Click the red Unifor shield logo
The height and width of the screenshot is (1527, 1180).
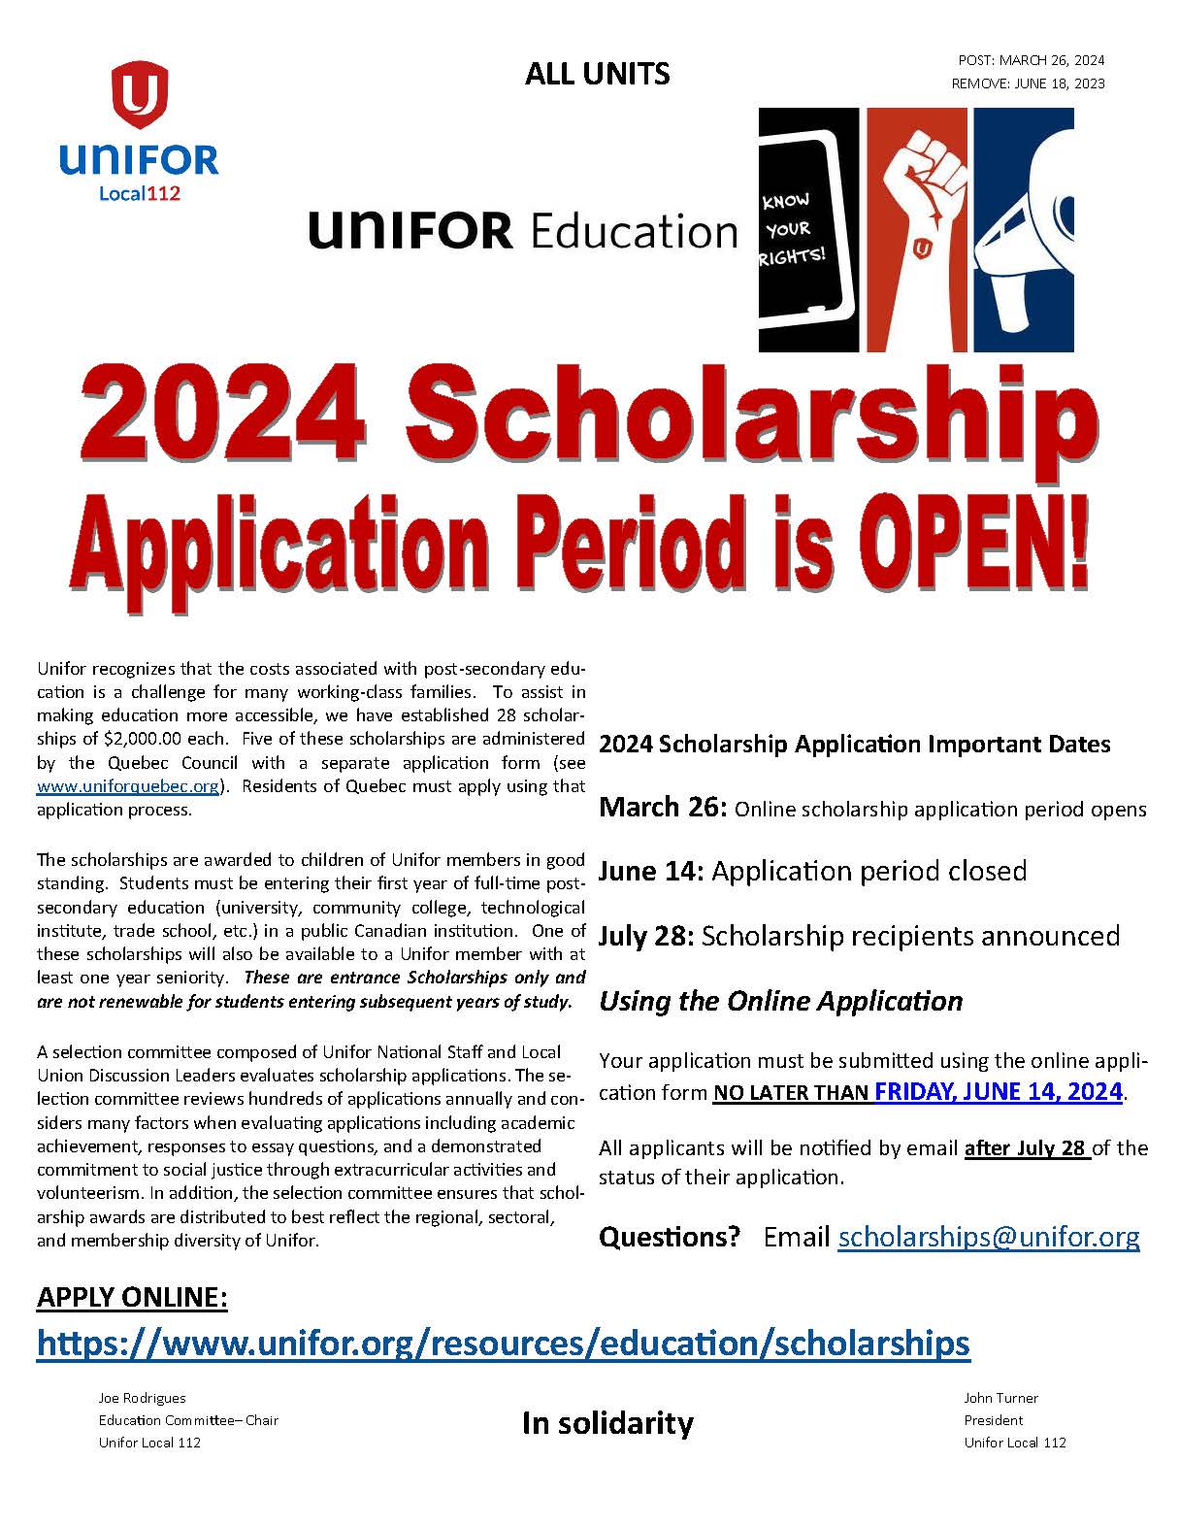pyautogui.click(x=140, y=94)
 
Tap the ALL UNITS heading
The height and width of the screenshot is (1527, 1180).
pyautogui.click(x=597, y=74)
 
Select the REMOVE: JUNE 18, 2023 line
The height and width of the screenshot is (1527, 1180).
pyautogui.click(x=1028, y=83)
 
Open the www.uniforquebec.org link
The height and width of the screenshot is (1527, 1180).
pyautogui.click(x=128, y=786)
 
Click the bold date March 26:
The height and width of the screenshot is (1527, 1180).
pyautogui.click(x=662, y=808)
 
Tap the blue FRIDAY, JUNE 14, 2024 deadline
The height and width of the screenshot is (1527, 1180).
pyautogui.click(x=998, y=1091)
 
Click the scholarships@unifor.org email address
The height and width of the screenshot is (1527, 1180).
pyautogui.click(x=988, y=1237)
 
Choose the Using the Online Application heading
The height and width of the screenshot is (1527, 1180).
pyautogui.click(x=780, y=1001)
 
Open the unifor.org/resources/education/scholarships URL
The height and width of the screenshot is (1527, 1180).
pyautogui.click(x=503, y=1343)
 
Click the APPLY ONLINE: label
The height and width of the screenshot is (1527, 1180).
pyautogui.click(x=132, y=1297)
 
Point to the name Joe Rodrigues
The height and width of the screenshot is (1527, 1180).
pyautogui.click(x=142, y=1398)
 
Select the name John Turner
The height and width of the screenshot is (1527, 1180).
pyautogui.click(x=1000, y=1398)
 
